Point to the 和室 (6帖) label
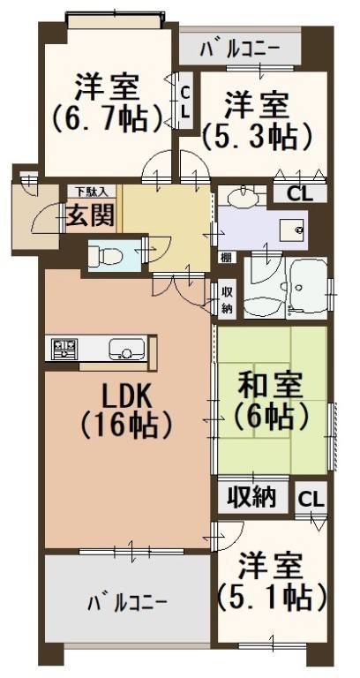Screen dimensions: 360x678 (x=271, y=400)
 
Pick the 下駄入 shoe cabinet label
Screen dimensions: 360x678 (x=90, y=191)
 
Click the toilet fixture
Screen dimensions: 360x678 (x=106, y=256)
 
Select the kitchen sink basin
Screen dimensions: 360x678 (x=127, y=349)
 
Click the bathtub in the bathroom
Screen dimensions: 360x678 (x=306, y=287)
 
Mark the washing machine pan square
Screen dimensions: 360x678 (x=293, y=230)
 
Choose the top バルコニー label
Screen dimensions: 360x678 (x=240, y=49)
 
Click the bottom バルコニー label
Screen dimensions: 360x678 (x=127, y=602)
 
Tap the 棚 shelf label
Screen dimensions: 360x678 (x=227, y=258)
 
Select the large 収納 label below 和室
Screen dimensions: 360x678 (x=252, y=498)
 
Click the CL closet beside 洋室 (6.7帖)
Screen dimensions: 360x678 (x=185, y=102)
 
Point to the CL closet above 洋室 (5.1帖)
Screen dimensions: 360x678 (x=310, y=501)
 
